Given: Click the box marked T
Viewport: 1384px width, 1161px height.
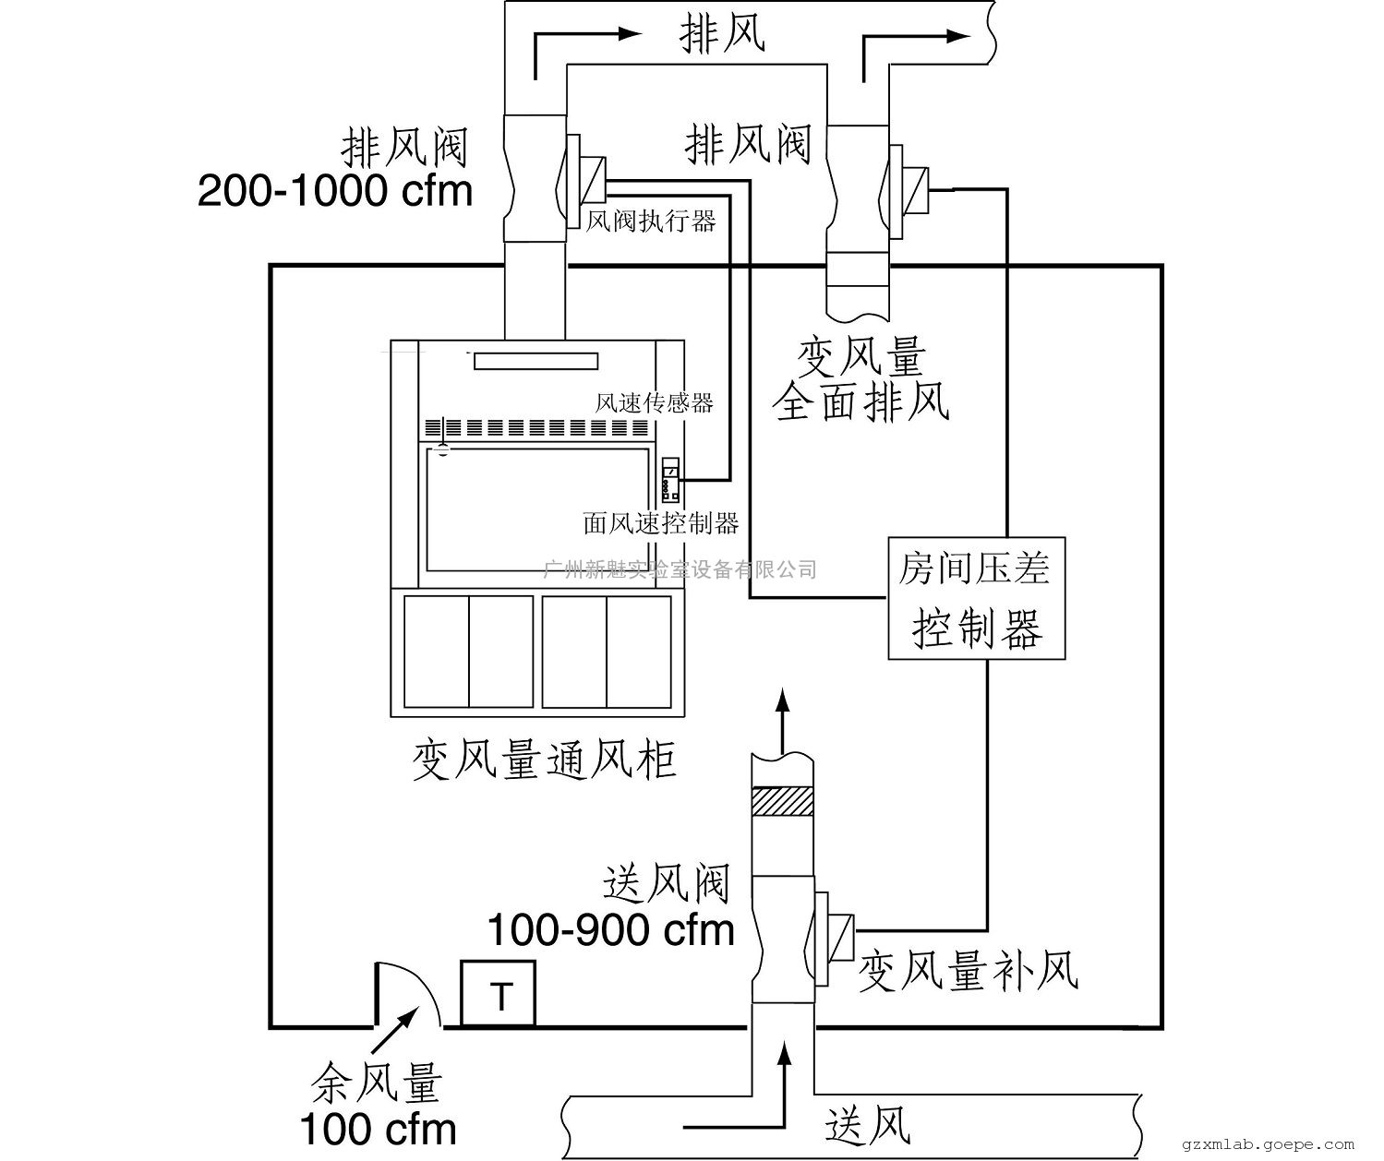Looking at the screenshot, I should [499, 994].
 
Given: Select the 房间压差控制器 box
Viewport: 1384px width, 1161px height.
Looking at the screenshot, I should [976, 598].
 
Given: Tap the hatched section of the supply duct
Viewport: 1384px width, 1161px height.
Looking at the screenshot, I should [782, 801].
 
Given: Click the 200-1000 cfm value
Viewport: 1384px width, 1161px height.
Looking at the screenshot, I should [335, 191].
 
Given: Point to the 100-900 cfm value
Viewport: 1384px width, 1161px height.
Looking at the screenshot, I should [610, 929].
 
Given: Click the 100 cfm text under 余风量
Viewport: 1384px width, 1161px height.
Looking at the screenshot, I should [378, 1128].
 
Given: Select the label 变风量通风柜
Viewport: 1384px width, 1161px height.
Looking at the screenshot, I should [544, 761].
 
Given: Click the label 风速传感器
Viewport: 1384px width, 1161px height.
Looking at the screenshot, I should [654, 403].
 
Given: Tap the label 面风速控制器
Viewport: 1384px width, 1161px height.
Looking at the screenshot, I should [661, 524].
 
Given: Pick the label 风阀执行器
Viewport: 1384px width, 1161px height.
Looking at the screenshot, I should [652, 221].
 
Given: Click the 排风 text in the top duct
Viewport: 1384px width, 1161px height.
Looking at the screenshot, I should [722, 34].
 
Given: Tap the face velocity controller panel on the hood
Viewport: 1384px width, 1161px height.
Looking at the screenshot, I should [671, 478].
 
